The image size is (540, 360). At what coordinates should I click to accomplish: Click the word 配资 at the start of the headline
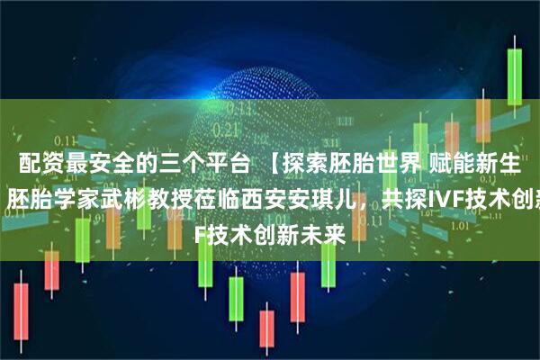30,163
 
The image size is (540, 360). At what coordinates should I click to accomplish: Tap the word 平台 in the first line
224,163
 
